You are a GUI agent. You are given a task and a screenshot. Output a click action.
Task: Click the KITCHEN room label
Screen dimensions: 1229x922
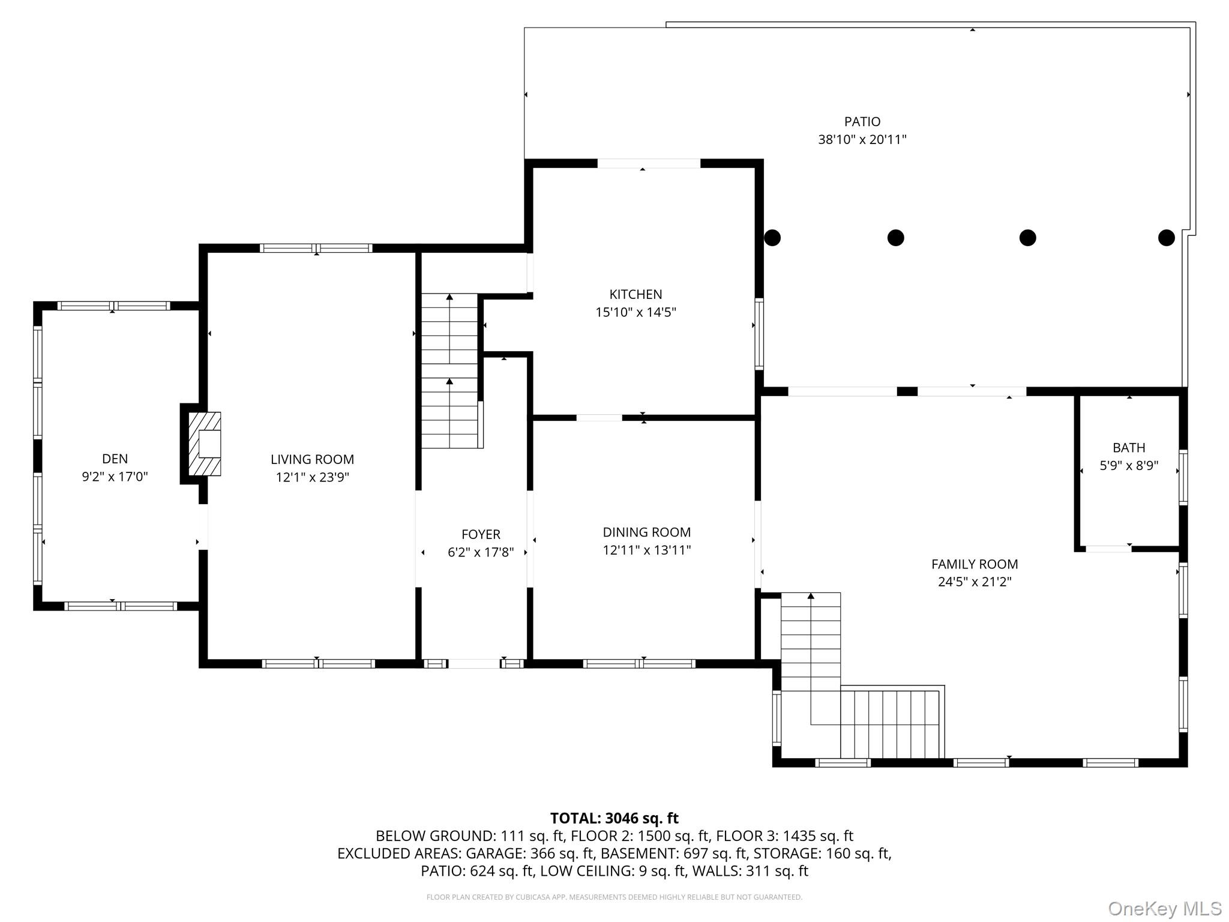pos(636,294)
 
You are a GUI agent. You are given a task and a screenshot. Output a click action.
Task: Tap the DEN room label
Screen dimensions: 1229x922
pos(115,459)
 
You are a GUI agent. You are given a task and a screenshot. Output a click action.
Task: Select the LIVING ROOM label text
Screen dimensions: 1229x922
pos(312,459)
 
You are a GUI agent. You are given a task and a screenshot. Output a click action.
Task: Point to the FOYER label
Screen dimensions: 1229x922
pos(481,534)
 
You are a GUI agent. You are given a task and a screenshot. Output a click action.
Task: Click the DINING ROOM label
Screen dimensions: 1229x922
pos(647,532)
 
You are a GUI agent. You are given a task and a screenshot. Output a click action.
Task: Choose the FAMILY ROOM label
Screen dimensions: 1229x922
pos(975,564)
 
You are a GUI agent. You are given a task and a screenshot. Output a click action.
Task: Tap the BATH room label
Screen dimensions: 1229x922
pos(1129,447)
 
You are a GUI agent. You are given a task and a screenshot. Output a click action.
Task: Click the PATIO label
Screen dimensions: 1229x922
pos(862,122)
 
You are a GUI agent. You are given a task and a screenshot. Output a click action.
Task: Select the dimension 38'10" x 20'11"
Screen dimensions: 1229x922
pos(862,140)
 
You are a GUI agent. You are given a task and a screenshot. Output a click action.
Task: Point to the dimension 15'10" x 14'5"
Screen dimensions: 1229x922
pos(636,312)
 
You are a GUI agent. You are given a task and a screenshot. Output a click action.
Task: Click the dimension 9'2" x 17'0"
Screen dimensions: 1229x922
pos(115,477)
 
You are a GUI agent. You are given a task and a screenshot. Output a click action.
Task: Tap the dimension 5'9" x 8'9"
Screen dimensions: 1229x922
pos(1129,465)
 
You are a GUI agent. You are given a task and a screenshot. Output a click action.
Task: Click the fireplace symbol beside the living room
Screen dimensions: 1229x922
pos(205,444)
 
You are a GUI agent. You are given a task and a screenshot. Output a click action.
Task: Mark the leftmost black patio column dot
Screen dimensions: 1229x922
pos(772,238)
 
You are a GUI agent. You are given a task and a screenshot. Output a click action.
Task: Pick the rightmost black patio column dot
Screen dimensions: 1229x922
pos(1166,238)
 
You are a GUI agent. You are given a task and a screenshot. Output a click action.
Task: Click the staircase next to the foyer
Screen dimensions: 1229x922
pos(450,370)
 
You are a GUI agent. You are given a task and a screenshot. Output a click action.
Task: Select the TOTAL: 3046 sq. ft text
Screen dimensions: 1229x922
pos(614,818)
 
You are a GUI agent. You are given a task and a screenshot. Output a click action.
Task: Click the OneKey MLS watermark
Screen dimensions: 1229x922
pos(1165,909)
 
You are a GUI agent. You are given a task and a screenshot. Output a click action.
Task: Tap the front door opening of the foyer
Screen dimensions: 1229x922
pos(474,663)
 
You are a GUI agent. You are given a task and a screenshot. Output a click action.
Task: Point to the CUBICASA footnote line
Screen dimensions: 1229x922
pos(614,897)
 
